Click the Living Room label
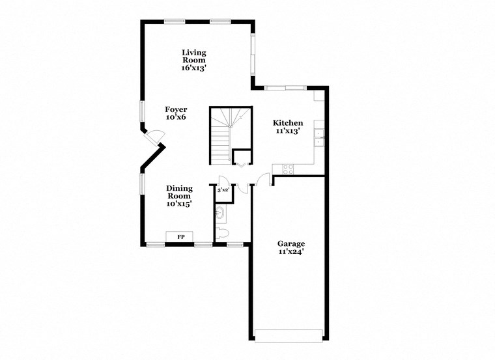click(193, 56)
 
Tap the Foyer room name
click(176, 109)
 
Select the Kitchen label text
click(287, 123)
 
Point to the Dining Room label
click(178, 192)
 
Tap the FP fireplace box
click(180, 237)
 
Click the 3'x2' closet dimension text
click(223, 189)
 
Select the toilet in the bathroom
click(222, 232)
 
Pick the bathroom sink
click(219, 213)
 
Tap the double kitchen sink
click(320, 137)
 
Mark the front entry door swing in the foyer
click(155, 137)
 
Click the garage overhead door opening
click(289, 336)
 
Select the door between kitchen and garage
click(264, 181)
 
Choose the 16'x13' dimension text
click(193, 67)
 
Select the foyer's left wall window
click(142, 111)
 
